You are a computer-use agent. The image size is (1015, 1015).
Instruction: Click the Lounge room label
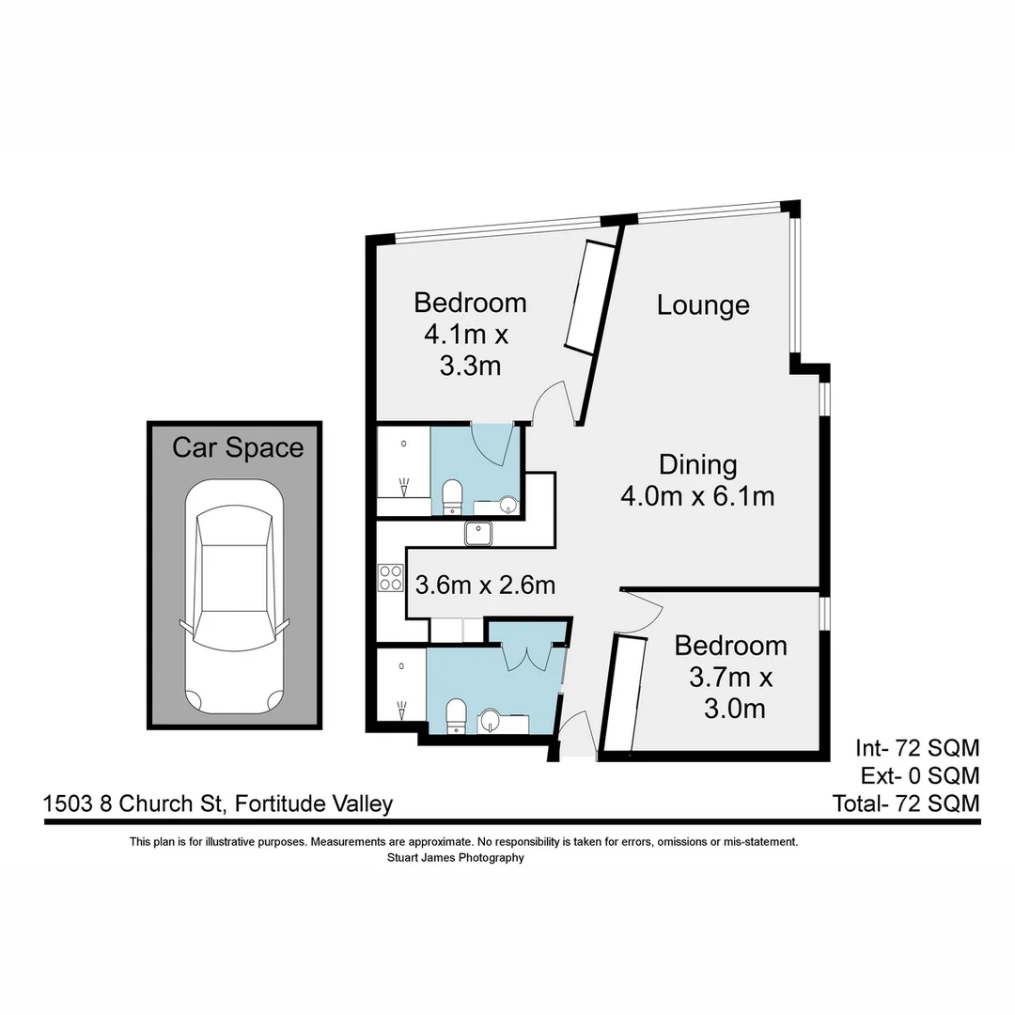703,305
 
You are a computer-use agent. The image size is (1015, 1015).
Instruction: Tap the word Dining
696,465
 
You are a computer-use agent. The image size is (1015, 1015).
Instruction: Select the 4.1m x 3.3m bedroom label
470,334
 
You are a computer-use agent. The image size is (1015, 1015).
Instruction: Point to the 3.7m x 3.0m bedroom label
731,677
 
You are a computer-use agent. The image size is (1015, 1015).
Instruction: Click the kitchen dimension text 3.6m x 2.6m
485,585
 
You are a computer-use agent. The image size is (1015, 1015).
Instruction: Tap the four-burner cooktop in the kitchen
389,576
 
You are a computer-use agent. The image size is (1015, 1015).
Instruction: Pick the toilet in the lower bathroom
456,713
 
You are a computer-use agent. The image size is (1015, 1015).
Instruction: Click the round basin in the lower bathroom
491,722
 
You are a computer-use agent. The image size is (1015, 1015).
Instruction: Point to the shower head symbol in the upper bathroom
404,488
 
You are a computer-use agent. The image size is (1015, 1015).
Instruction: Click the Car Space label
238,447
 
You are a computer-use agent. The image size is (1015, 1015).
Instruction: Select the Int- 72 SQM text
917,748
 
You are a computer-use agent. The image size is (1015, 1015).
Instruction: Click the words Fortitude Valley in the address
314,804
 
